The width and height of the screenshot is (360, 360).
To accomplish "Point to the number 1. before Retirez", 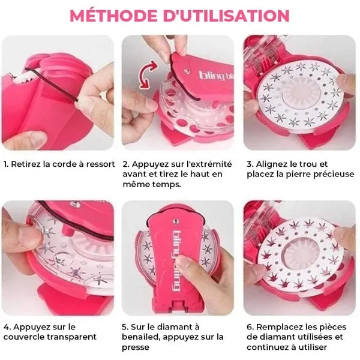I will pos(6,163).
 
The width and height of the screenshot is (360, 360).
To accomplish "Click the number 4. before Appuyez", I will pos(6,327).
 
